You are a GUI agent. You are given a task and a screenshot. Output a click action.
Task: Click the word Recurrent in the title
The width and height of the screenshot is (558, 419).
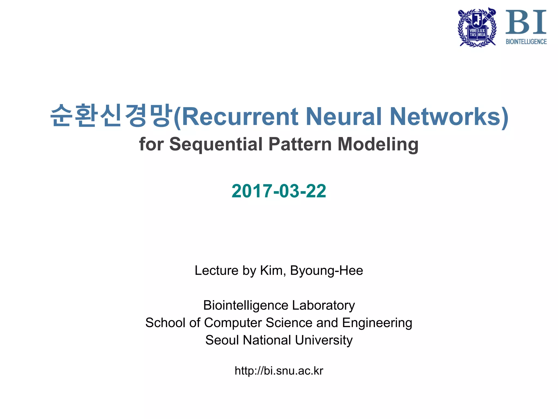click(x=240, y=117)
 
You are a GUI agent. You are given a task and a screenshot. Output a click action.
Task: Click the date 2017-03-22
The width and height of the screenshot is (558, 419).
click(x=279, y=191)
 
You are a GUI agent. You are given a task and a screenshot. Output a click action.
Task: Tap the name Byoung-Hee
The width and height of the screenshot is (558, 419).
click(x=326, y=271)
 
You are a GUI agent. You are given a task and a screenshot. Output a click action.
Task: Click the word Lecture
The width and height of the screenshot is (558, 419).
click(x=216, y=271)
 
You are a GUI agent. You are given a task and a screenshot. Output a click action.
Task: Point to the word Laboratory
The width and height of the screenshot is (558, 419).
click(x=323, y=305)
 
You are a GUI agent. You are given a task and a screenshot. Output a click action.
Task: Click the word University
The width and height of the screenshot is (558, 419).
click(x=324, y=340)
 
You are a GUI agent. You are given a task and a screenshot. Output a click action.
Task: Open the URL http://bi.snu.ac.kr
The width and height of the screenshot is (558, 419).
click(x=279, y=371)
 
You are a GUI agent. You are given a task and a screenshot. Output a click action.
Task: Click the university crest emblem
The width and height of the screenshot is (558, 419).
click(x=477, y=27)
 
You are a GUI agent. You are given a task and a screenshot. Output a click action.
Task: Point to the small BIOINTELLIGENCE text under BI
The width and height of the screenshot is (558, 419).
click(x=526, y=41)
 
